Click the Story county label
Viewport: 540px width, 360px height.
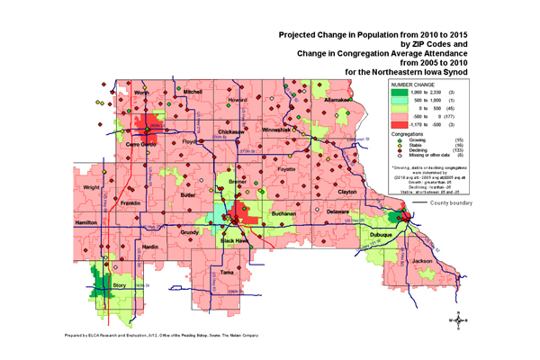pos(120,285)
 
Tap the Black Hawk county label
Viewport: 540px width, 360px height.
pos(238,241)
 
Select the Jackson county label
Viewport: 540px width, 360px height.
pos(421,261)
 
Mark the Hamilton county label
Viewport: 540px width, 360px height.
pos(86,220)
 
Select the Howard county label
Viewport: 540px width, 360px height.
pos(251,93)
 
